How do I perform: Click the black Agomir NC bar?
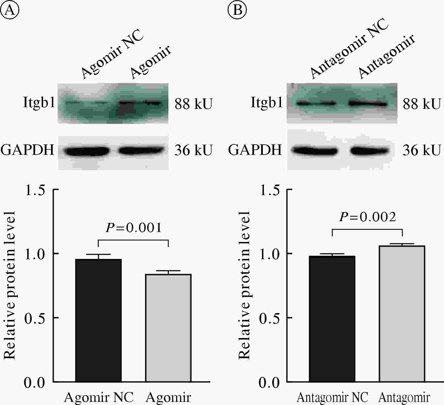click(98, 320)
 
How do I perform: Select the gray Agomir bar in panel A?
click(168, 328)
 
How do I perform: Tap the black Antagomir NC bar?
click(332, 319)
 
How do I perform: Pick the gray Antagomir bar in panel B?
click(402, 314)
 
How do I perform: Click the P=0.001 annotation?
click(134, 228)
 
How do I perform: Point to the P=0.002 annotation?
click(367, 217)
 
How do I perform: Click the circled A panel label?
click(10, 10)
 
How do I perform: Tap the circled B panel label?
click(237, 10)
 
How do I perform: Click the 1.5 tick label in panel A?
click(35, 190)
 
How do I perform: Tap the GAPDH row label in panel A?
click(27, 150)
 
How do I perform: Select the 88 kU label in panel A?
click(193, 104)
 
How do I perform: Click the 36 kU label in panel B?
click(422, 150)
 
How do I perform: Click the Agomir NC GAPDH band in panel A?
click(86, 151)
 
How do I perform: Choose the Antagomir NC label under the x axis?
click(332, 398)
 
